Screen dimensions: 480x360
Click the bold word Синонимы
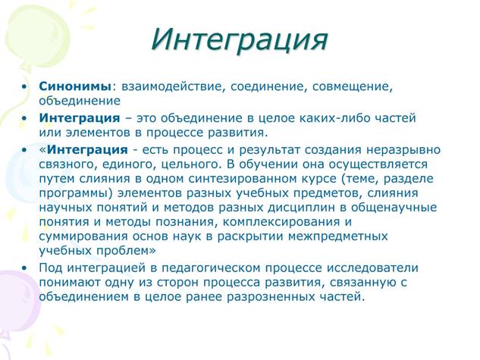point(75,86)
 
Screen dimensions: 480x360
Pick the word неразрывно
point(403,150)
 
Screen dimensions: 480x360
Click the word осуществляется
point(378,164)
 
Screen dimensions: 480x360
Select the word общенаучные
point(394,208)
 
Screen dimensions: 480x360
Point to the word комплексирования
point(281,222)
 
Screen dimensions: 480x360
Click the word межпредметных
point(338,236)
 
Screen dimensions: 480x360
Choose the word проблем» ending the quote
point(126,251)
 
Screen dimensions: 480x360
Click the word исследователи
point(372,268)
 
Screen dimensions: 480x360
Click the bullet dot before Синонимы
point(24,86)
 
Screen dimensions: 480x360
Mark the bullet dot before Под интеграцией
point(24,268)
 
